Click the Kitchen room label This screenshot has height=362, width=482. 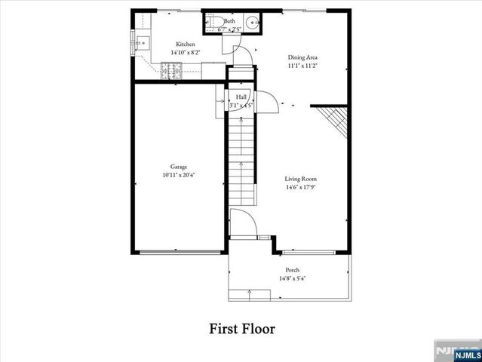(x=186, y=44)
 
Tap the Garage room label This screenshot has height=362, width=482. (x=178, y=167)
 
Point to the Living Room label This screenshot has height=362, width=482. (x=300, y=179)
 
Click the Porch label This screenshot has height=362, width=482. (x=292, y=270)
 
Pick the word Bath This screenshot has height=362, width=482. (x=229, y=21)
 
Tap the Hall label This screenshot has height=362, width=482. (x=241, y=97)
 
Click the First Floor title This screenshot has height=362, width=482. (x=241, y=330)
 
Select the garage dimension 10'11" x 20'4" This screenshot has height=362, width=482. (x=179, y=175)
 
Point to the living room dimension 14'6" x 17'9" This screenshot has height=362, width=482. (x=300, y=187)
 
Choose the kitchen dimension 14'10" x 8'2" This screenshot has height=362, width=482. (x=186, y=53)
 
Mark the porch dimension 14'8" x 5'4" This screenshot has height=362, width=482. (x=292, y=278)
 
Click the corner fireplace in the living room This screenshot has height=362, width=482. (x=333, y=117)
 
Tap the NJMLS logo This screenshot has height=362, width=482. (x=456, y=351)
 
